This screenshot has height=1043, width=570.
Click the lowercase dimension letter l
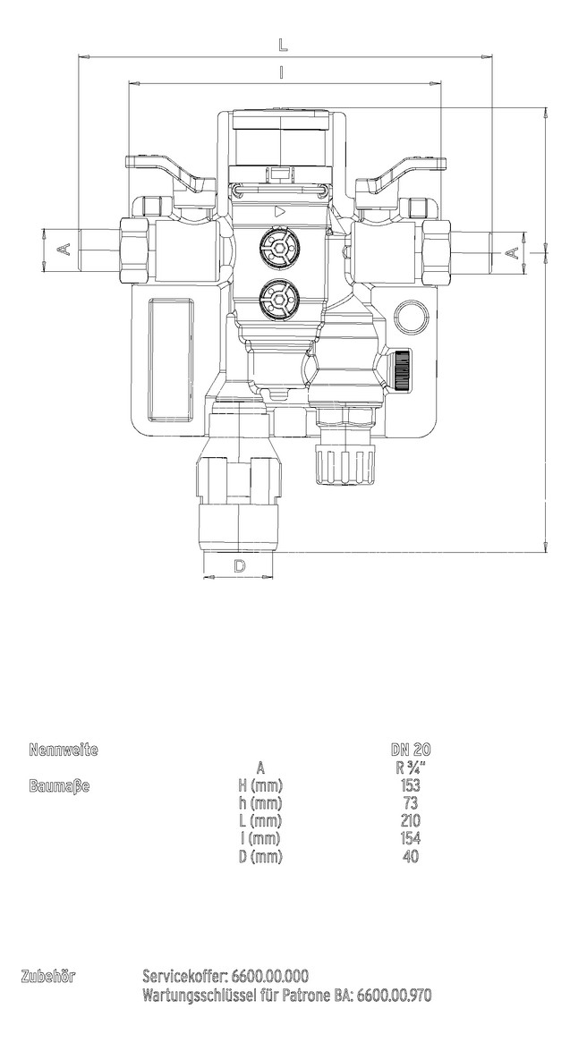[x=283, y=73]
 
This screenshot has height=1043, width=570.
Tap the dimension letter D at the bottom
[x=240, y=565]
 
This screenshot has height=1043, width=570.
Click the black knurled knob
[x=401, y=369]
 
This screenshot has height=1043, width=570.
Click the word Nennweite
[x=63, y=750]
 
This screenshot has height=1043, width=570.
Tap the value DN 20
[x=411, y=750]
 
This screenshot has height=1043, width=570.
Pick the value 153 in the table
[x=411, y=785]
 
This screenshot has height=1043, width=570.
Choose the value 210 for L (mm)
[x=411, y=820]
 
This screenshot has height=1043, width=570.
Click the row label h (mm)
[x=259, y=802]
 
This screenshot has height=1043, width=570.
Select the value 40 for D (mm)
[x=411, y=856]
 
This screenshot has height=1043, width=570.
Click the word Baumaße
[x=59, y=785]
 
